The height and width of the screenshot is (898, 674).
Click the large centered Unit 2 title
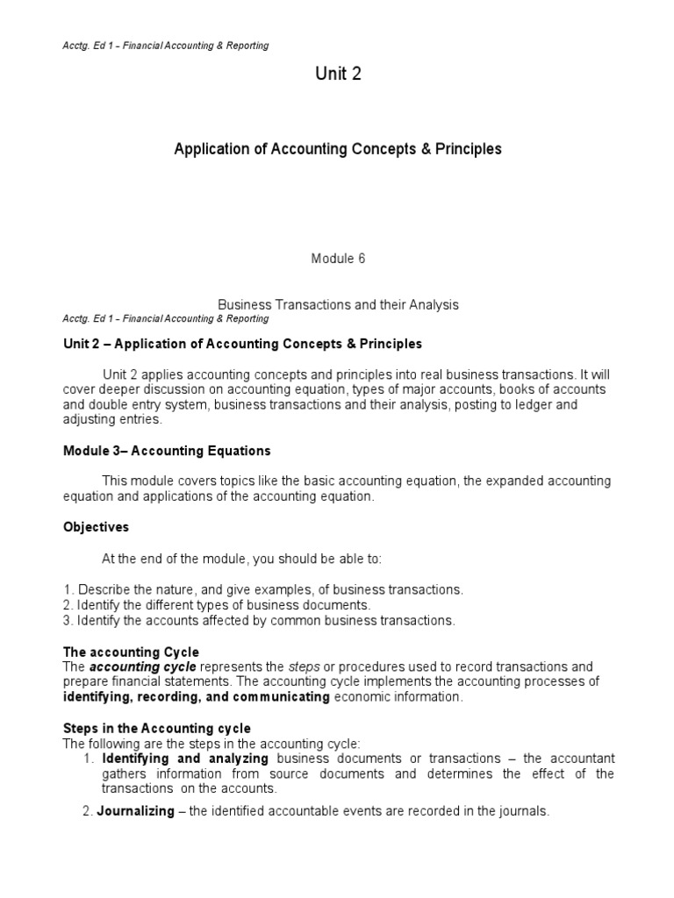338,75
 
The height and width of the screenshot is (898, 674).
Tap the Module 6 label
338,259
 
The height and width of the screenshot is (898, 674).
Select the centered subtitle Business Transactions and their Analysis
338,304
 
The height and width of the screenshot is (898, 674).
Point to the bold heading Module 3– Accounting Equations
167,451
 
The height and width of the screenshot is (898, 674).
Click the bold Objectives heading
96,527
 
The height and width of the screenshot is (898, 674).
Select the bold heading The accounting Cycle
131,652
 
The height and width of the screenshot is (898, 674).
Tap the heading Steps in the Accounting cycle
156,729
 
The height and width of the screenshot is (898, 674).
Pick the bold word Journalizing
135,811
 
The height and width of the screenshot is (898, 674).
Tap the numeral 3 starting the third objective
67,620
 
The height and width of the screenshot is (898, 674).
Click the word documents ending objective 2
343,605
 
